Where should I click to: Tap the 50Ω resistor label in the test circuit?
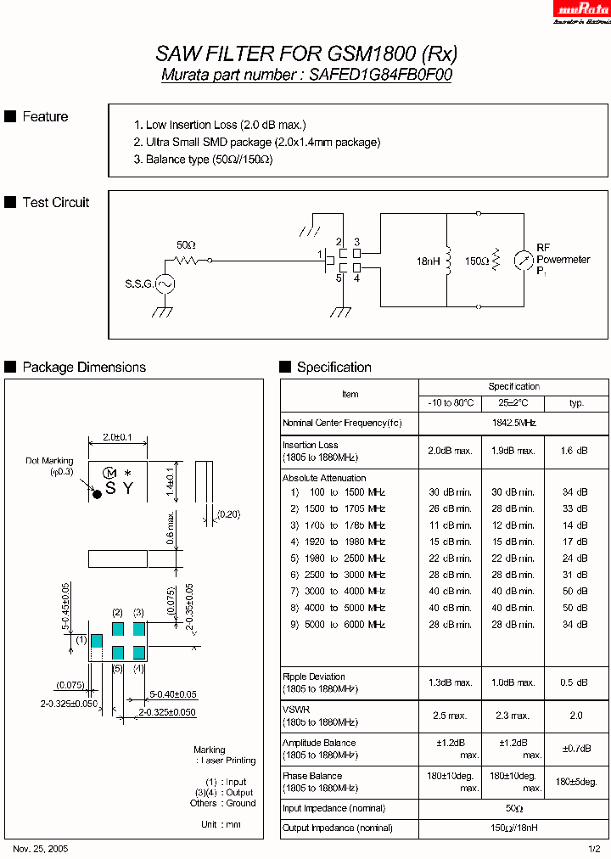pyautogui.click(x=185, y=244)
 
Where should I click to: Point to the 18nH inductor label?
pyautogui.click(x=427, y=262)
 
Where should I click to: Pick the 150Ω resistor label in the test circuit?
pyautogui.click(x=476, y=262)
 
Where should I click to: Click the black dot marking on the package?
pyautogui.click(x=97, y=493)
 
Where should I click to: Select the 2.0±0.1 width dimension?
pyautogui.click(x=118, y=436)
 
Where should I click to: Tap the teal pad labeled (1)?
pyautogui.click(x=97, y=640)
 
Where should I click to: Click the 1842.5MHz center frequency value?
pyautogui.click(x=513, y=422)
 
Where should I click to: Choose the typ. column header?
pyautogui.click(x=576, y=403)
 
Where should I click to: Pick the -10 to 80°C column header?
pyautogui.click(x=451, y=403)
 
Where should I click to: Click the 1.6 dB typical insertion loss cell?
pyautogui.click(x=576, y=451)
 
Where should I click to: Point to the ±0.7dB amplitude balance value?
pyautogui.click(x=576, y=749)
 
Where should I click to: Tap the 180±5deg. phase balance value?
pyautogui.click(x=576, y=782)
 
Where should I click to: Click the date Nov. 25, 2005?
pyautogui.click(x=41, y=849)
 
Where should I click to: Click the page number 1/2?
pyautogui.click(x=594, y=849)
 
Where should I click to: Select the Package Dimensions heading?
pyautogui.click(x=84, y=368)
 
